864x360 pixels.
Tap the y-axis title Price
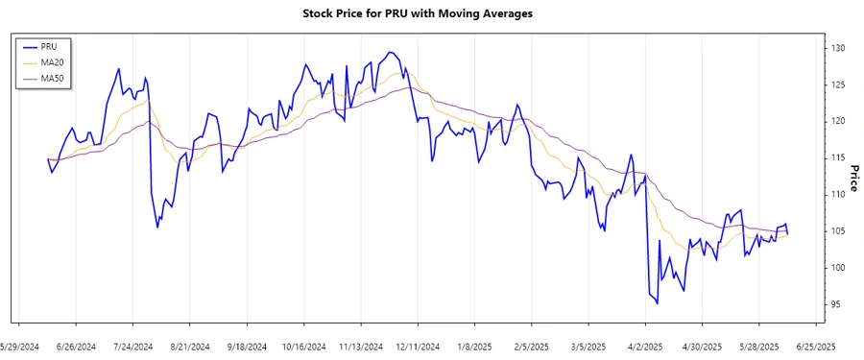click(x=853, y=179)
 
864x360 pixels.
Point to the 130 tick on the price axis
click(x=837, y=48)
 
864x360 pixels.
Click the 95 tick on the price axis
click(x=837, y=304)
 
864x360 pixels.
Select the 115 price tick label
click(x=837, y=157)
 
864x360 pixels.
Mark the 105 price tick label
click(x=837, y=231)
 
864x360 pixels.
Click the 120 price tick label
click(x=837, y=121)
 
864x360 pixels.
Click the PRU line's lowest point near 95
click(x=657, y=303)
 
